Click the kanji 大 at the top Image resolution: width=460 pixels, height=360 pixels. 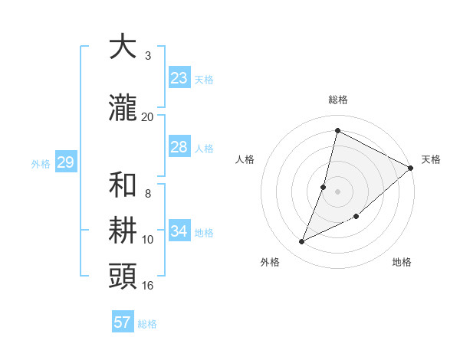click(123, 47)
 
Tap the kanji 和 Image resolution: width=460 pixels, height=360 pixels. click(123, 185)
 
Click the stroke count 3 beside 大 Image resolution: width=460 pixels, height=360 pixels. click(148, 56)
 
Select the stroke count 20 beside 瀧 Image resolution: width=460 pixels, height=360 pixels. click(148, 116)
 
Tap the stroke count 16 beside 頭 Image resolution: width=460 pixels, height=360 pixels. click(148, 285)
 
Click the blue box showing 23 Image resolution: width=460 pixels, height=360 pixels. click(179, 78)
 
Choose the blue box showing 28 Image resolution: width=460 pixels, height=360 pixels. click(179, 147)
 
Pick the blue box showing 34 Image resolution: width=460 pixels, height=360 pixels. click(179, 231)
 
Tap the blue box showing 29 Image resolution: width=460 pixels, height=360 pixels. click(65, 162)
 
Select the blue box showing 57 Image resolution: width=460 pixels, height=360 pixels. click(123, 322)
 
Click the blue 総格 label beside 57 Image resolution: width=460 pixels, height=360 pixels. click(147, 324)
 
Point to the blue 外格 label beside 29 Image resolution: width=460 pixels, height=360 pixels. click(41, 164)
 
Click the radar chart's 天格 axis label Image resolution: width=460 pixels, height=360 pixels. click(431, 159)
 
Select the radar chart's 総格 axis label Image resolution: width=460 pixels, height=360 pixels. click(337, 100)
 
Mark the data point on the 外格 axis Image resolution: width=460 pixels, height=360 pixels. click(301, 242)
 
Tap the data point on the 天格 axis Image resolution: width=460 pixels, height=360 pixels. click(411, 168)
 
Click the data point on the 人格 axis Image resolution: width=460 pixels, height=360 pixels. click(324, 187)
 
